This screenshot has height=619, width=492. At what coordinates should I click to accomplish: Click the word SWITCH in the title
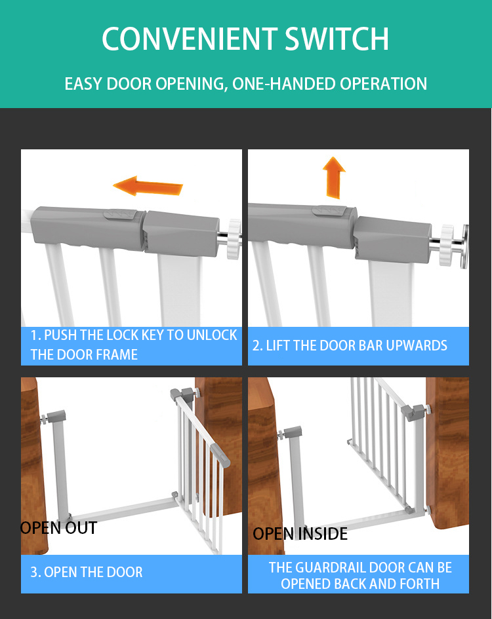click(337, 39)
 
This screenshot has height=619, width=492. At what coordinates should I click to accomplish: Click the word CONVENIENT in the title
click(190, 39)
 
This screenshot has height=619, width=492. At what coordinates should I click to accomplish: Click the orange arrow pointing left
click(148, 185)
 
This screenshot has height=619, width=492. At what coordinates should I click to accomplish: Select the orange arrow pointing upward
click(334, 178)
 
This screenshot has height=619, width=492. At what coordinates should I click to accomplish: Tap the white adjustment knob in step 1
click(234, 239)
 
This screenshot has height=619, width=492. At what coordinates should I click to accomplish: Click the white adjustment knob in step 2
click(448, 245)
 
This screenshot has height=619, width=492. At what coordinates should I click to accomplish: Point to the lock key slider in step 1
click(120, 215)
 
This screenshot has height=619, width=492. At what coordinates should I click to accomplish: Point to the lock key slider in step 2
click(329, 211)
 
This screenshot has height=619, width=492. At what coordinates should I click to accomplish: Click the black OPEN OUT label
click(58, 528)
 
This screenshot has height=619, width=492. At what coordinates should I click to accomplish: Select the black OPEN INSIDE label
click(300, 534)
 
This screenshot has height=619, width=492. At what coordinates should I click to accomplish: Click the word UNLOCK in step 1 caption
click(212, 335)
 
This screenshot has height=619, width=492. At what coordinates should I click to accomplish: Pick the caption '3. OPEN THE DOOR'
click(87, 572)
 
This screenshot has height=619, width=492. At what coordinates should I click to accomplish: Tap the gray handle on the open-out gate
click(220, 455)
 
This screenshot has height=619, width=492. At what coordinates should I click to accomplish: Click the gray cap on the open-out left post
click(56, 416)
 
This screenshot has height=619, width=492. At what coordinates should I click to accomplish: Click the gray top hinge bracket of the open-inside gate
click(413, 413)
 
